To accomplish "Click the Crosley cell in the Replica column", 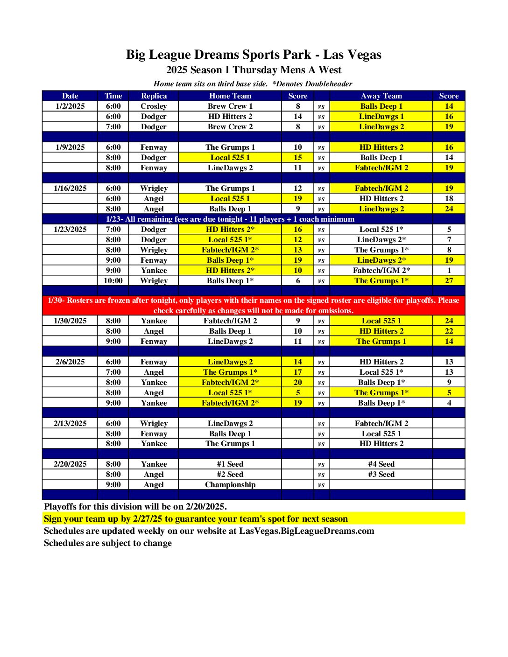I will [154, 106].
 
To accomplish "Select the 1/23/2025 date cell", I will [70, 230].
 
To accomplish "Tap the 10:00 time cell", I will [113, 281].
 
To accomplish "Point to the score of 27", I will [449, 281].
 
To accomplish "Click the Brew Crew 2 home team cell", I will [230, 127].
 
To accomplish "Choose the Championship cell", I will [230, 485].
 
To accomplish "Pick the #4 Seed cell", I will [381, 464].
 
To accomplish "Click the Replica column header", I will [154, 96].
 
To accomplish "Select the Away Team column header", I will [381, 96].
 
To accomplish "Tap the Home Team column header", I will [230, 96].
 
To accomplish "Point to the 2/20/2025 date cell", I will [70, 464].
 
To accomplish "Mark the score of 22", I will [449, 331].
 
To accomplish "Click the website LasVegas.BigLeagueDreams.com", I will [306, 531].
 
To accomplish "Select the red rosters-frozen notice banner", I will [254, 306].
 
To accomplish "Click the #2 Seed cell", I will [230, 475].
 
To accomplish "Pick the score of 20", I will [298, 383].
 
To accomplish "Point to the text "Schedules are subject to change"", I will [108, 543].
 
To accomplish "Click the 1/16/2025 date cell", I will [70, 189].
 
